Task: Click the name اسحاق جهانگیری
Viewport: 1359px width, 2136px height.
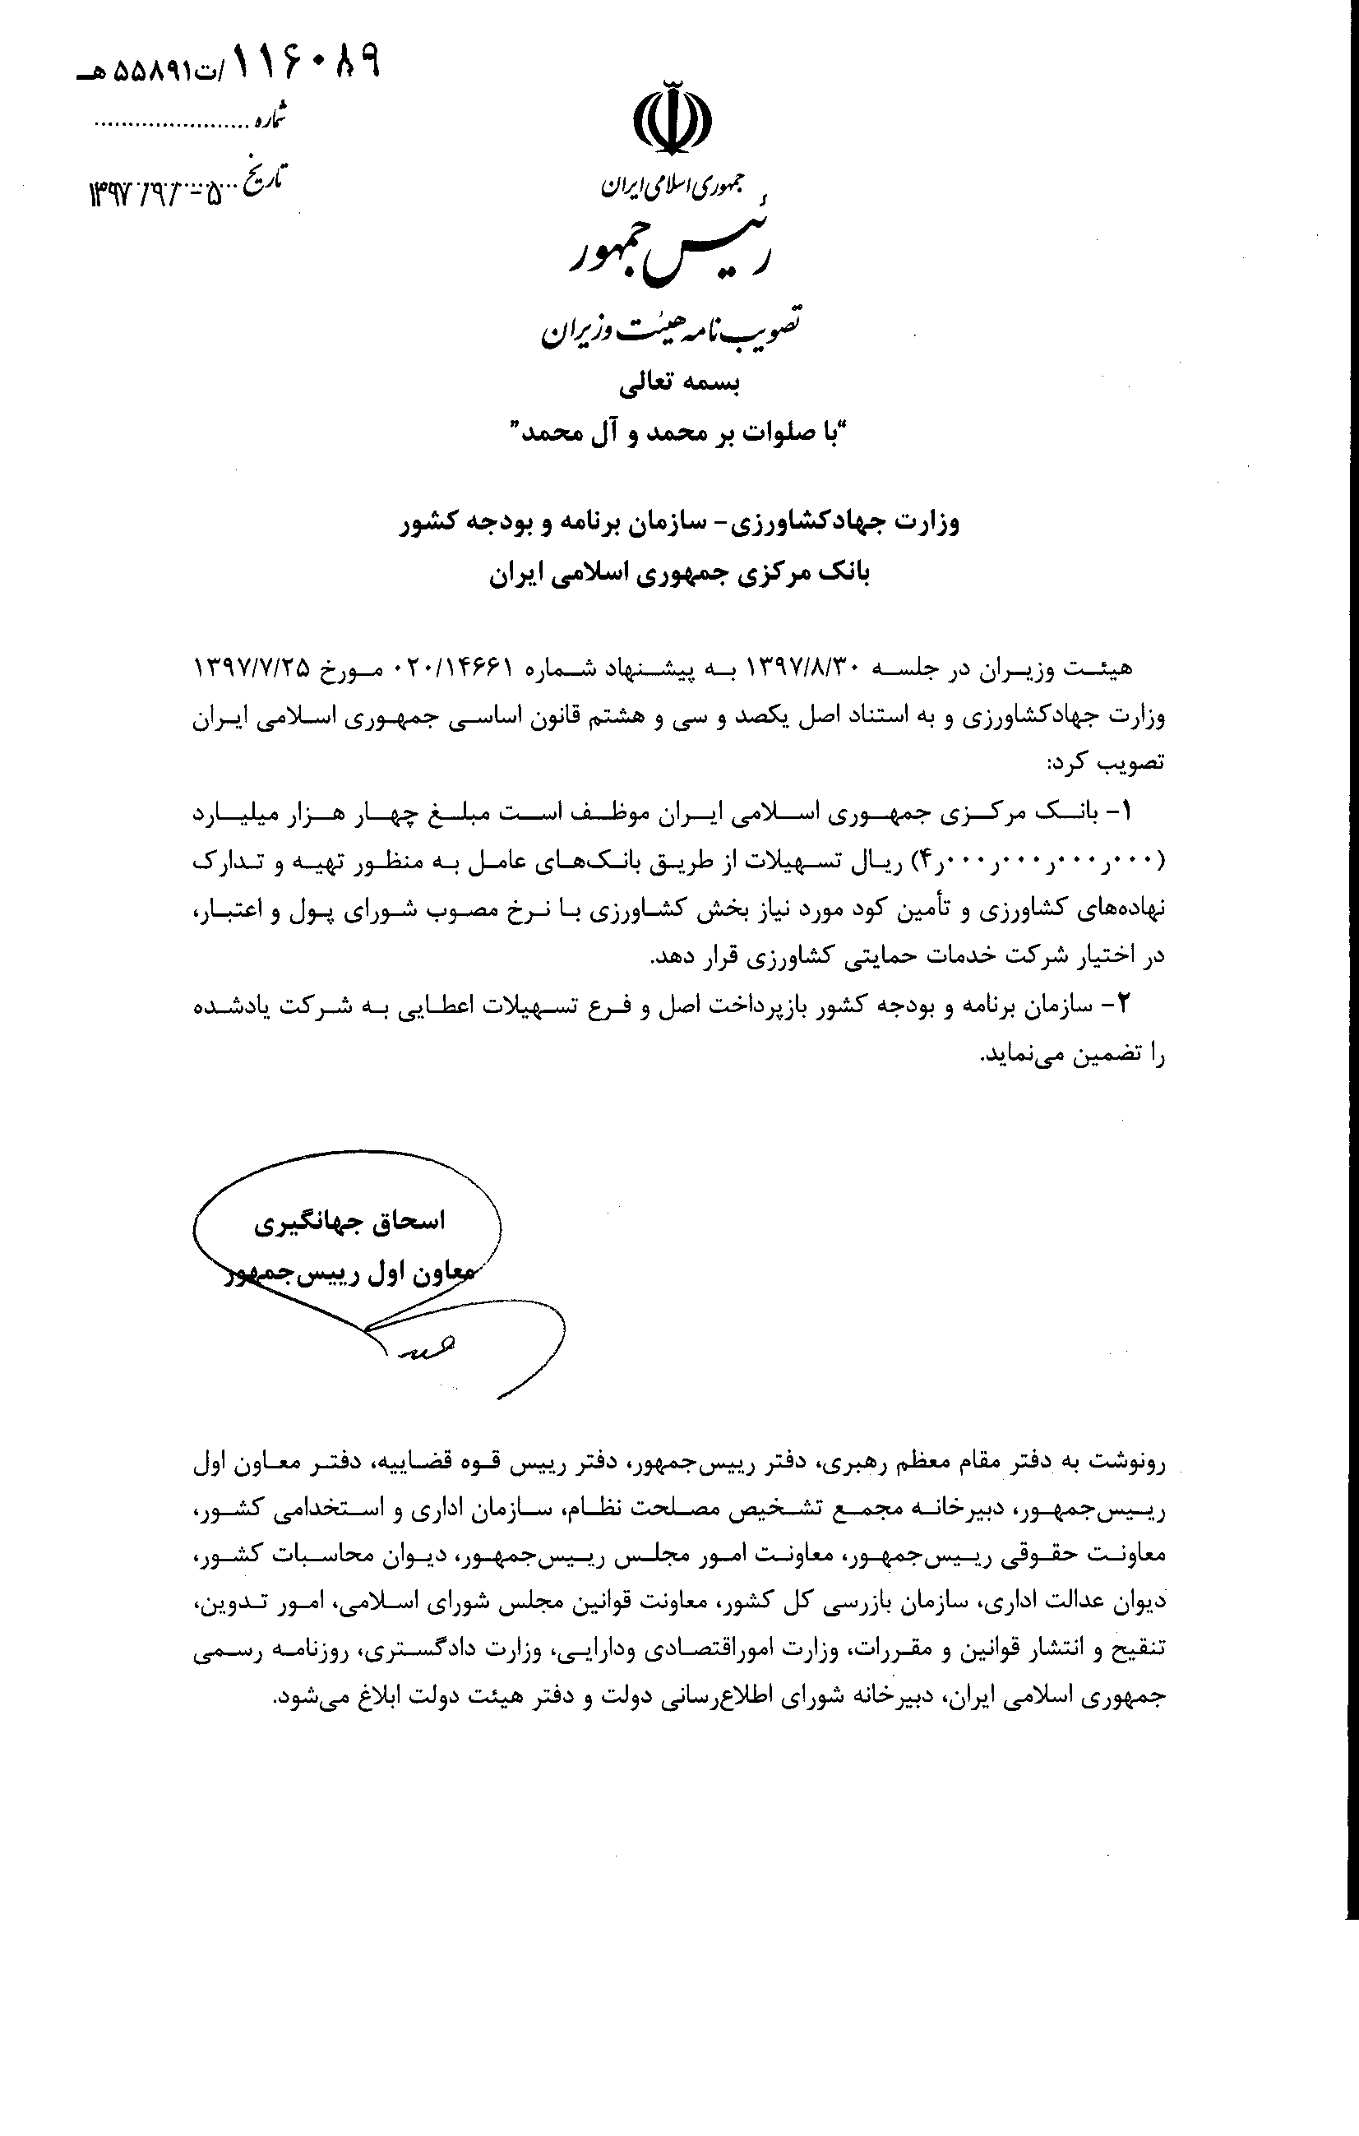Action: (x=349, y=1223)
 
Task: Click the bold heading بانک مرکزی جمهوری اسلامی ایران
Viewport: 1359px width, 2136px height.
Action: (x=679, y=574)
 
